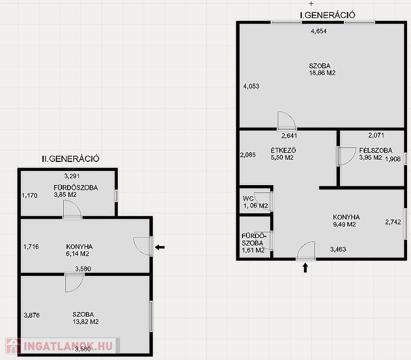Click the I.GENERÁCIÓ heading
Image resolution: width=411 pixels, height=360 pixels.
point(328,15)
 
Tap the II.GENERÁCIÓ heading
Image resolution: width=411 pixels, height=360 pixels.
point(70,159)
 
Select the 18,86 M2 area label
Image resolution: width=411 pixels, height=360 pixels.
point(322,73)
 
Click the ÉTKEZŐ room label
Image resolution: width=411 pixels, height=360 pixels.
point(284,150)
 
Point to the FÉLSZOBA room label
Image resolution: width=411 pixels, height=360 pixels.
point(375,150)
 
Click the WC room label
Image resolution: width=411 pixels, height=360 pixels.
point(248,199)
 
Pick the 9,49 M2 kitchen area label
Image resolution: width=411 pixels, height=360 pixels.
point(344,225)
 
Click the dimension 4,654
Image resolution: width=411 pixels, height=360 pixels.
point(319,31)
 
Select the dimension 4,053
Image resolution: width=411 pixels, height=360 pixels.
point(251,86)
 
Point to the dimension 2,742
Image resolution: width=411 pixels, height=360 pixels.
point(393,222)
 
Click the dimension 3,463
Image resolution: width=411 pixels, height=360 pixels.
point(338,249)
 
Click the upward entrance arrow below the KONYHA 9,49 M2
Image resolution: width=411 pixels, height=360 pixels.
point(305,268)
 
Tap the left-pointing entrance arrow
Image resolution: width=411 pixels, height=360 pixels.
point(160,247)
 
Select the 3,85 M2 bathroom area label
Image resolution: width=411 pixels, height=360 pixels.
point(65,195)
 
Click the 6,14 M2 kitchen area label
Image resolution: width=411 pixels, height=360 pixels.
point(78,254)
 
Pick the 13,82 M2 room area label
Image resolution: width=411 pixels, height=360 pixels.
point(86,322)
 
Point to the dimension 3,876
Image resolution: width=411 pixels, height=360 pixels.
point(32,315)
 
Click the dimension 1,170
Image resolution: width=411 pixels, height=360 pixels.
point(30,195)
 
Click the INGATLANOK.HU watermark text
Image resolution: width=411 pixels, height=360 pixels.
point(68,346)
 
